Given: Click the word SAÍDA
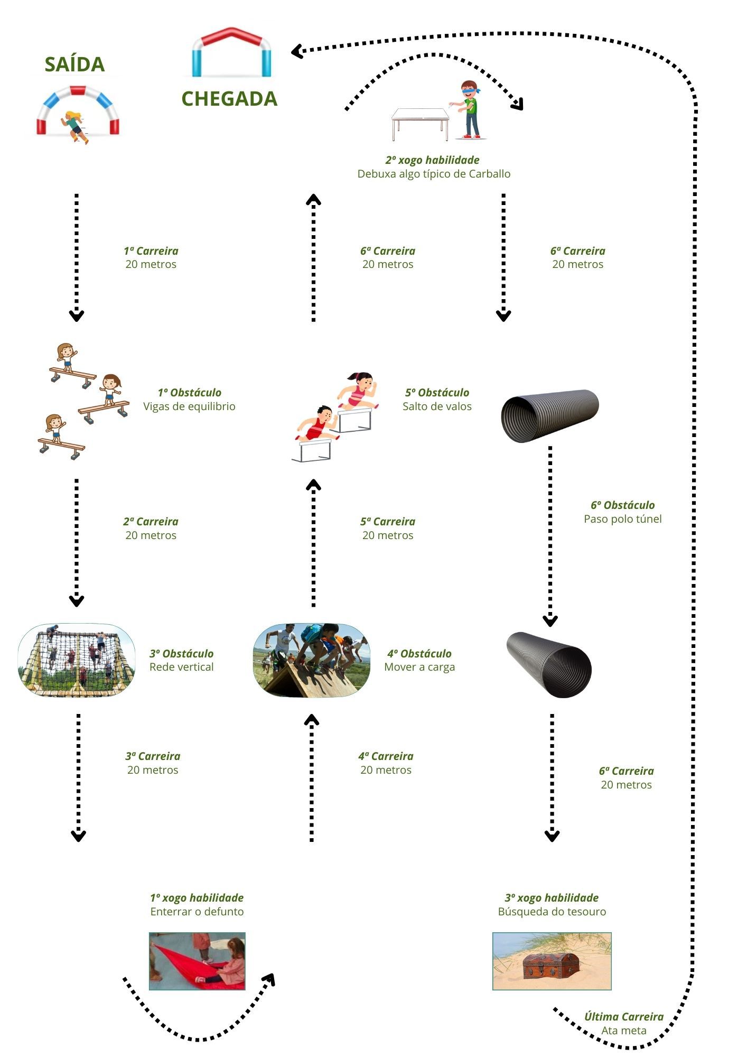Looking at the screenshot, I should click(74, 64).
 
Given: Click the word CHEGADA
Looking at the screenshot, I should click(229, 99).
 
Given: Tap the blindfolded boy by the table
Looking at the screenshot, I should click(469, 110).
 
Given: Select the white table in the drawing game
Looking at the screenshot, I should click(420, 124).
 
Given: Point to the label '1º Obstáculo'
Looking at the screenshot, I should click(189, 393).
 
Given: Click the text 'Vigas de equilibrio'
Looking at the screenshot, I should click(189, 406).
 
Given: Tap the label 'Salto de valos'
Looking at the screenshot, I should click(437, 406).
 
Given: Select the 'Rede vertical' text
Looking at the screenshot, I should click(181, 667).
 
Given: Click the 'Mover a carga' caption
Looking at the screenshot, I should click(419, 667).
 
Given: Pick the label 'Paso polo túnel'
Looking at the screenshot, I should click(622, 519).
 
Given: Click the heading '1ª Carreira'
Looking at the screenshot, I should click(151, 251).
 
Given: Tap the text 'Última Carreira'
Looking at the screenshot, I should click(623, 1017).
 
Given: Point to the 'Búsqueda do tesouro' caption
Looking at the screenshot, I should click(552, 912).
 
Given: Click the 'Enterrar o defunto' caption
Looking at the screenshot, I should click(197, 912).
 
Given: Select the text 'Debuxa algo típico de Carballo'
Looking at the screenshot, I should click(434, 174).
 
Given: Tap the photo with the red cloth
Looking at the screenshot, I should click(197, 961).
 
